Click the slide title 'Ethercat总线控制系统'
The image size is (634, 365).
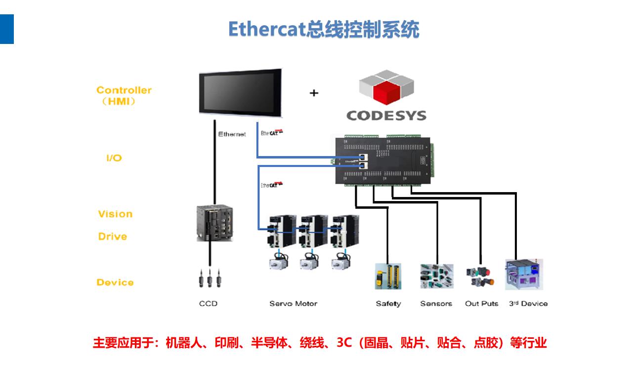point(324,30)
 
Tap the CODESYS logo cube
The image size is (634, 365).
point(386,88)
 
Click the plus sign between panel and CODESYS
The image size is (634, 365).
point(314,93)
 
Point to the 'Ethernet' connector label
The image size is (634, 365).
point(232,134)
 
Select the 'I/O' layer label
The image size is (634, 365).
point(114,159)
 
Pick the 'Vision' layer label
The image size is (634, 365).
point(115,214)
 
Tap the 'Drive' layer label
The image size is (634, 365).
point(112,237)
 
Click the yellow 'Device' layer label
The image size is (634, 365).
point(115,283)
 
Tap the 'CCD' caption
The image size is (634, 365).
point(208,303)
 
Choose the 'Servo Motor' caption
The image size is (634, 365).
point(293,303)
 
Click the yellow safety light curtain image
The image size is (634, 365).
point(388,276)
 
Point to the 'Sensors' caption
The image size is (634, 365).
point(436,303)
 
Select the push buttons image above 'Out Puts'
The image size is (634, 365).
point(480,277)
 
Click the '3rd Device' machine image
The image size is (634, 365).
point(524,274)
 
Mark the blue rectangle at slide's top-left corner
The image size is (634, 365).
point(7,29)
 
